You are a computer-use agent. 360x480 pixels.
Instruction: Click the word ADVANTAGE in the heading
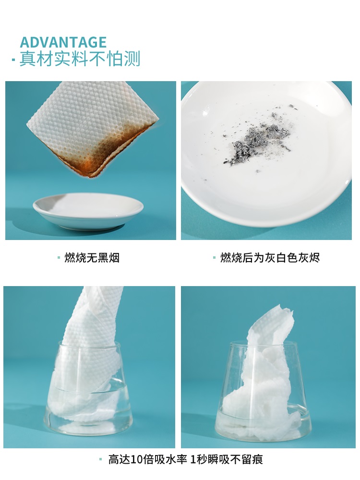[63, 42]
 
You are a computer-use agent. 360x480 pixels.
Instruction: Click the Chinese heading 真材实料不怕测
[80, 59]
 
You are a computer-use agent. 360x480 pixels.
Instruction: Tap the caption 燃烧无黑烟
[92, 258]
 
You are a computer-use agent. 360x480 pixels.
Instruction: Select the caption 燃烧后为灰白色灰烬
[270, 258]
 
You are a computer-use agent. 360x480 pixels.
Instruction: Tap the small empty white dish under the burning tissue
[88, 211]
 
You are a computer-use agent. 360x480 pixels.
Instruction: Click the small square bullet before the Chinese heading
[13, 60]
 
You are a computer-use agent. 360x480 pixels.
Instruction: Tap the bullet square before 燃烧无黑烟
[59, 258]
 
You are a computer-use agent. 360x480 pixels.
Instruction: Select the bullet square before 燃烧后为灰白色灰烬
[215, 258]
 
